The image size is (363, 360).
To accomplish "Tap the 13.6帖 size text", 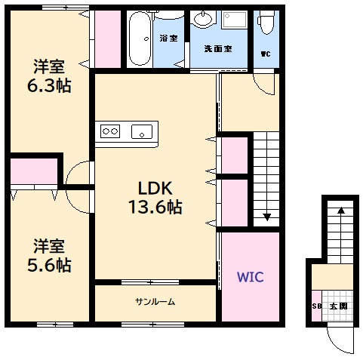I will point(155,207).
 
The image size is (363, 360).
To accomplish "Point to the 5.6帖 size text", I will point(52,265).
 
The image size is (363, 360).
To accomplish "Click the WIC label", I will point(251,277).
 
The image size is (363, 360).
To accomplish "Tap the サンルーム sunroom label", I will point(155,302).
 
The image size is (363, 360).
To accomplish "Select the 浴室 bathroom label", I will point(168,38).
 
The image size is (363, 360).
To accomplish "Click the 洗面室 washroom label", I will point(218,49).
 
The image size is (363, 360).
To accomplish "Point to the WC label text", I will point(265,54).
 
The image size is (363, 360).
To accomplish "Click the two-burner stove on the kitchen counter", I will point(111,132).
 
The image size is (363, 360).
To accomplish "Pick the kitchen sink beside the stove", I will point(142,132).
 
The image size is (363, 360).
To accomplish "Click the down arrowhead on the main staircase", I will point(266,218).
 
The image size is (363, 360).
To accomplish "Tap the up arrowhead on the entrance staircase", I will point(340,212).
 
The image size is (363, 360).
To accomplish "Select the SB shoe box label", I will point(317,306).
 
